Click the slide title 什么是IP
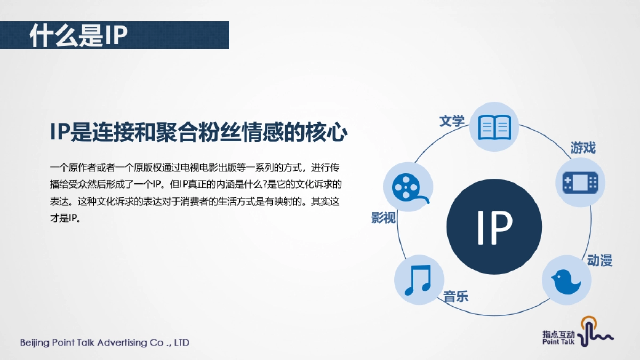pyautogui.click(x=79, y=35)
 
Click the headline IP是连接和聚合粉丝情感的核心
pyautogui.click(x=198, y=133)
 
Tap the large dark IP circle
pyautogui.click(x=494, y=227)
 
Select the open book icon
pyautogui.click(x=494, y=127)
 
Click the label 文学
pyautogui.click(x=452, y=121)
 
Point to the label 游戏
pyautogui.click(x=583, y=148)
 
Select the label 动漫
pyautogui.click(x=599, y=260)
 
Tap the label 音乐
pyautogui.click(x=456, y=297)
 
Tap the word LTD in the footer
pyautogui.click(x=181, y=342)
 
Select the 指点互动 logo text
pyautogui.click(x=559, y=334)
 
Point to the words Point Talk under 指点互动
pyautogui.click(x=558, y=342)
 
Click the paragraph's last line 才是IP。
pyautogui.click(x=65, y=219)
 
